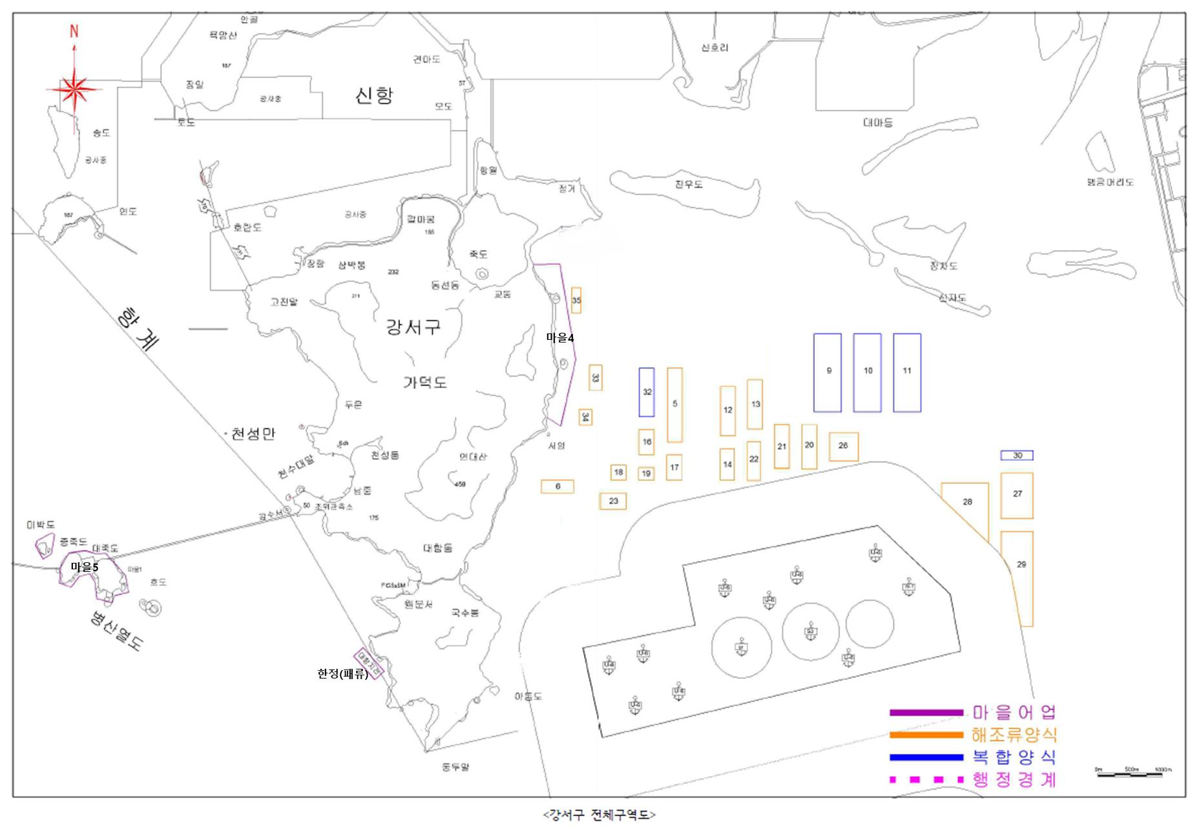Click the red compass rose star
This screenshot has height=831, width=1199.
[x=74, y=89]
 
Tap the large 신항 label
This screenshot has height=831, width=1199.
[x=374, y=96]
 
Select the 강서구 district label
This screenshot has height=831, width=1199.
[x=413, y=326]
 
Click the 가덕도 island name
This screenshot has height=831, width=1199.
[x=425, y=383]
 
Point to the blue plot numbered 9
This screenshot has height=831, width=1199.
[x=828, y=372]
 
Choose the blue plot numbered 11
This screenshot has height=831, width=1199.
[x=907, y=372]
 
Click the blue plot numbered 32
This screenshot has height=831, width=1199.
[x=647, y=392]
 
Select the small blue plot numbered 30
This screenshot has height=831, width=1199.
[x=1017, y=456]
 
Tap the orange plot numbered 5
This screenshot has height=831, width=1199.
[x=674, y=405]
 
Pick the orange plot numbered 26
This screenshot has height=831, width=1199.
[x=843, y=446]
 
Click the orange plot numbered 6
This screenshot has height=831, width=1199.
[x=558, y=487]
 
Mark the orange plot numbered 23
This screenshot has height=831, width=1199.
[x=613, y=501]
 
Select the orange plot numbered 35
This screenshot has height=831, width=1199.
[x=576, y=300]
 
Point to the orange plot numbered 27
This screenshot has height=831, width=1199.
[x=1017, y=495]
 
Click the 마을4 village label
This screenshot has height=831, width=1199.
[x=560, y=338]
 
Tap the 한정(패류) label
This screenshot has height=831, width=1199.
[x=342, y=674]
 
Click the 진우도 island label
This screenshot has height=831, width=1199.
[x=689, y=185]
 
